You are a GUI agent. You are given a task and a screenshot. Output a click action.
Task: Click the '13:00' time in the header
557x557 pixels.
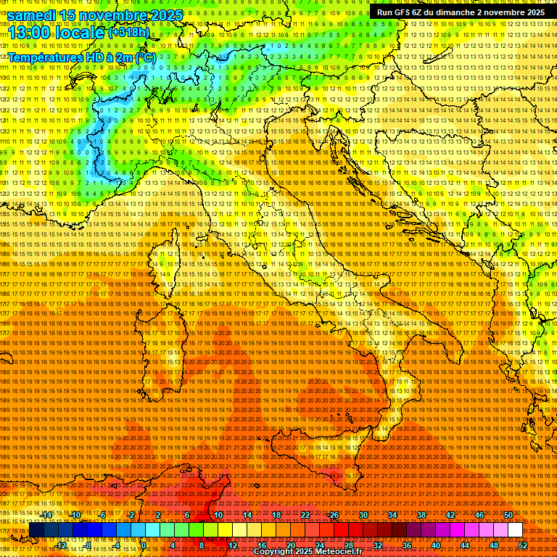(x=28, y=32)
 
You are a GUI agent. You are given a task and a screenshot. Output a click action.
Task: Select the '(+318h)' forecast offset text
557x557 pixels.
(x=129, y=33)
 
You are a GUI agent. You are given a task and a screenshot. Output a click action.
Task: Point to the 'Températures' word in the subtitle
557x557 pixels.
(x=45, y=57)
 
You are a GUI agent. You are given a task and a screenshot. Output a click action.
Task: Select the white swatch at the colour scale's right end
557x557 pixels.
(x=515, y=530)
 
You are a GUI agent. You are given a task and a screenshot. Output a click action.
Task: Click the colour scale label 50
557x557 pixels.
(x=508, y=515)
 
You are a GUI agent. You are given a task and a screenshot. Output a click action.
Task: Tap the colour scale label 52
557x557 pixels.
(x=522, y=545)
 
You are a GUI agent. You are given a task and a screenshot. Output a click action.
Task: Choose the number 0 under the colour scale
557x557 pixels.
(x=144, y=545)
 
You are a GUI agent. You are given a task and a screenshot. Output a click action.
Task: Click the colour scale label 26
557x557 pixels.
(x=334, y=515)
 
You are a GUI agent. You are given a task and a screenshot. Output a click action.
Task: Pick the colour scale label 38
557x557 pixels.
(x=421, y=515)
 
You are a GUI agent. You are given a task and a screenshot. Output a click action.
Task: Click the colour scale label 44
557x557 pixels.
(x=464, y=545)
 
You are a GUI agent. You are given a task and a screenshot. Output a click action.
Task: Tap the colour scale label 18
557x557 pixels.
(x=276, y=515)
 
